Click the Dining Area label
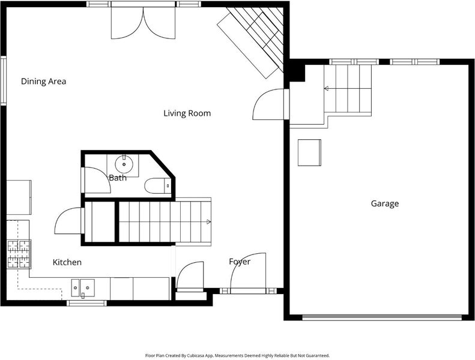pyautogui.click(x=43, y=81)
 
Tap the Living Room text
pyautogui.click(x=187, y=113)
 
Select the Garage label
pyautogui.click(x=385, y=203)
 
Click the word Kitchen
pyautogui.click(x=67, y=262)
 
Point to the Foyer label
pyautogui.click(x=240, y=262)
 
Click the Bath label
pyautogui.click(x=118, y=178)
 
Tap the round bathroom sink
pyautogui.click(x=124, y=164)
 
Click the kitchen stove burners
pyautogui.click(x=19, y=254)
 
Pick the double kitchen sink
pyautogui.click(x=83, y=288)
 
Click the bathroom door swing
pyautogui.click(x=97, y=180)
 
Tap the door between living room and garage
pyautogui.click(x=268, y=104)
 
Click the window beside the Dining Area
pyautogui.click(x=4, y=80)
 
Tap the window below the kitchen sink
pyautogui.click(x=86, y=303)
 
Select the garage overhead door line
pyautogui.click(x=382, y=317)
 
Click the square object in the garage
pyautogui.click(x=309, y=152)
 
